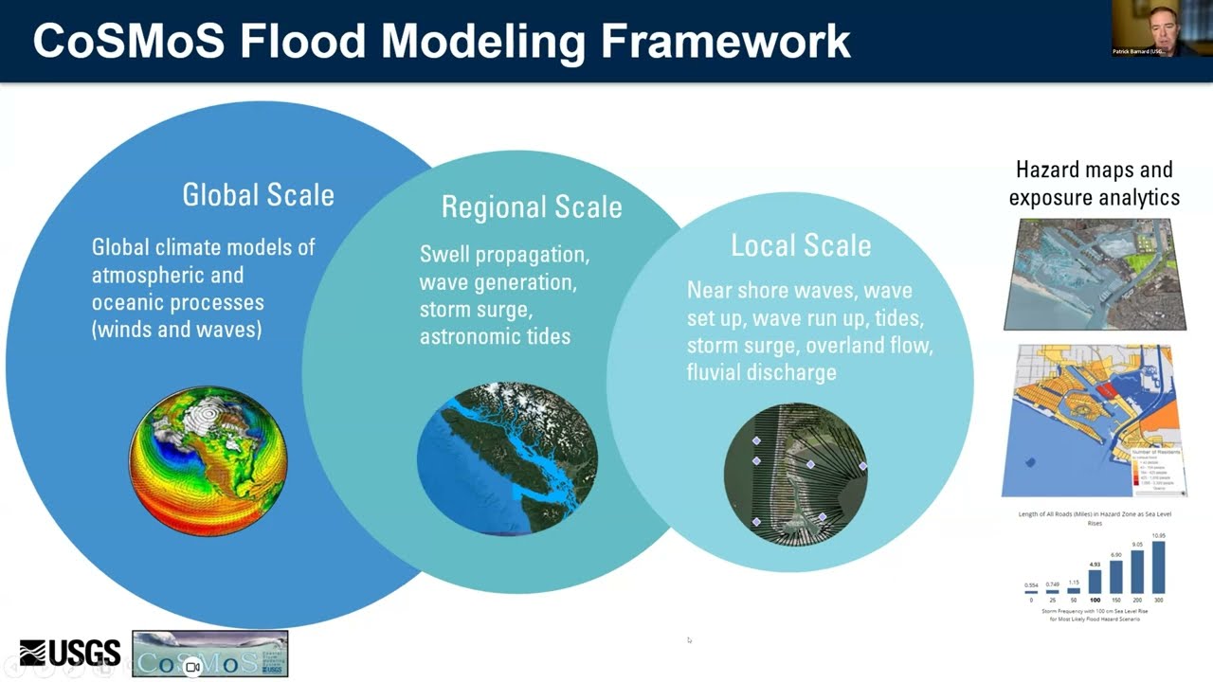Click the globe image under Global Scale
click(x=208, y=460)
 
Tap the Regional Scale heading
click(x=532, y=206)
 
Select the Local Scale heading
click(x=800, y=245)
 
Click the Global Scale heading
click(x=258, y=195)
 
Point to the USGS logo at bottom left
click(x=70, y=653)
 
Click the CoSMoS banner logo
click(x=209, y=654)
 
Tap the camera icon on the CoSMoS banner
click(x=191, y=667)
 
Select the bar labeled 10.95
click(x=1158, y=567)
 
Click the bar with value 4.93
click(x=1095, y=581)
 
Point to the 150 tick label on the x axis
click(x=1115, y=601)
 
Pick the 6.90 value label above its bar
click(x=1115, y=555)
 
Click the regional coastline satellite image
click(x=507, y=458)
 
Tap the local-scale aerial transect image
click(x=795, y=474)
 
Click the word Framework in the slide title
click(x=727, y=41)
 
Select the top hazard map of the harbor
click(x=1095, y=274)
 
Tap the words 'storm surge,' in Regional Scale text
click(x=474, y=309)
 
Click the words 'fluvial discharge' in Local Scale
click(x=761, y=371)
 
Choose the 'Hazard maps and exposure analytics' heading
click(x=1094, y=183)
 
